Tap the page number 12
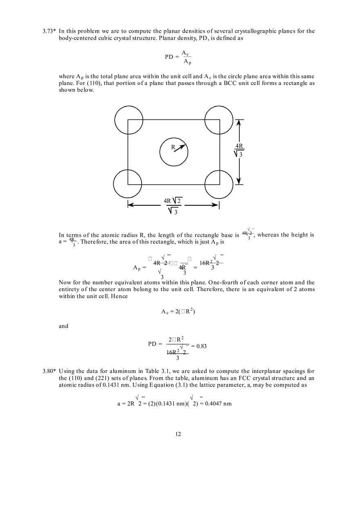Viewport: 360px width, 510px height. click(178, 434)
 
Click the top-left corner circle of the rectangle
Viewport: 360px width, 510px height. click(129, 120)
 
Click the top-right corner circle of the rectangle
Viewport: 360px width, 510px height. click(219, 120)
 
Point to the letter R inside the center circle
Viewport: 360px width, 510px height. click(173, 147)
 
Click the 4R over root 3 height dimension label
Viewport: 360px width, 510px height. click(239, 150)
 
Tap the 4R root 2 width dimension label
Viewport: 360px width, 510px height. click(173, 206)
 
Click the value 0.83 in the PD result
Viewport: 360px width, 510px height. click(201, 346)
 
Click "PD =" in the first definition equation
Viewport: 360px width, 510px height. click(172, 57)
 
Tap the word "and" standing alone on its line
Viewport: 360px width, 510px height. click(63, 326)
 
